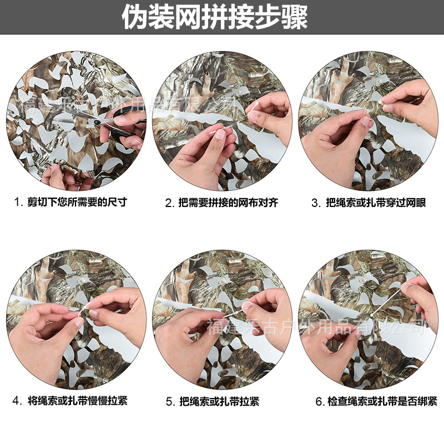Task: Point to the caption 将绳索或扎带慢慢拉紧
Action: [77, 400]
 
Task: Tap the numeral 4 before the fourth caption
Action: [17, 401]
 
